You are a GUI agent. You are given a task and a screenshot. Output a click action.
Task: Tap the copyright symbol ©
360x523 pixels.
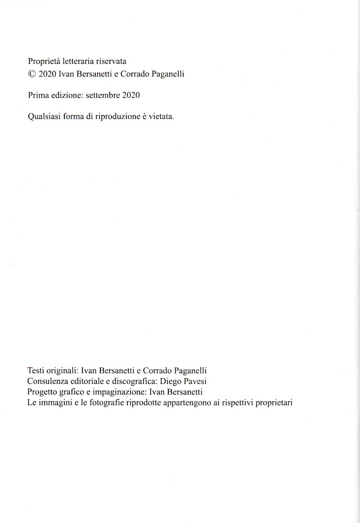31,74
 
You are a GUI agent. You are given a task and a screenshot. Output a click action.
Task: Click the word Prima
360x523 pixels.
38,95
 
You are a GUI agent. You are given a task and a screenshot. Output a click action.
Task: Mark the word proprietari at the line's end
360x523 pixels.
274,403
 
